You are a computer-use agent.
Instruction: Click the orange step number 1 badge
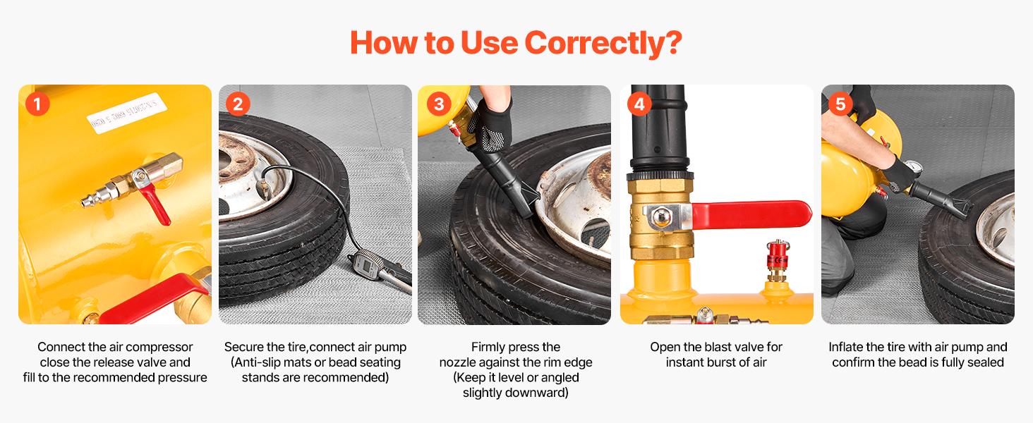pyautogui.click(x=37, y=104)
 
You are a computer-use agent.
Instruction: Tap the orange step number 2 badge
pyautogui.click(x=237, y=104)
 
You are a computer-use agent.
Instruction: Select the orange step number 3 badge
pyautogui.click(x=438, y=104)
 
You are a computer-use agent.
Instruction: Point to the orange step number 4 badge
pyautogui.click(x=639, y=104)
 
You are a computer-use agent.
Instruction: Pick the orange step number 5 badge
pyautogui.click(x=840, y=104)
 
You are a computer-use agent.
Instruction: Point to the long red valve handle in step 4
pyautogui.click(x=751, y=214)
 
